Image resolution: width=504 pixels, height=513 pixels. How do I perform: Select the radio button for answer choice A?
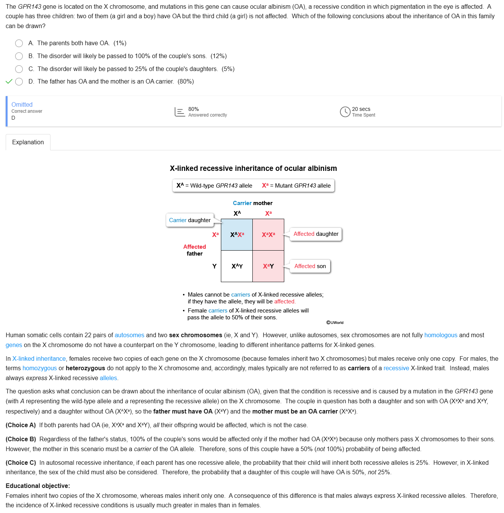click(19, 43)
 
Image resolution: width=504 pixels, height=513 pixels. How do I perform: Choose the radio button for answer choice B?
click(19, 56)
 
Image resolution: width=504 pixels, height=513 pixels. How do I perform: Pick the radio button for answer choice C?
click(19, 69)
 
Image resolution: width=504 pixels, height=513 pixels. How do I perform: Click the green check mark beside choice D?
click(9, 82)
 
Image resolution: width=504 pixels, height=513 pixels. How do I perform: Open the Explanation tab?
click(28, 142)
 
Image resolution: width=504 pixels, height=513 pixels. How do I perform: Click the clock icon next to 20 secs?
click(345, 112)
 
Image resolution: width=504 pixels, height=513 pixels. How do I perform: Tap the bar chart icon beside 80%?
click(180, 112)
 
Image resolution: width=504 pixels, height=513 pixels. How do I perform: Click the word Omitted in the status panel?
click(22, 104)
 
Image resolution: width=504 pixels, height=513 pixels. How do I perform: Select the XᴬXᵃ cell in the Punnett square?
click(237, 235)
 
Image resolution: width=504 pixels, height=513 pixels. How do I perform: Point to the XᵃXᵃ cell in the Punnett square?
click(268, 235)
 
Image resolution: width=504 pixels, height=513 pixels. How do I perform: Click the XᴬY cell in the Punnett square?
click(237, 266)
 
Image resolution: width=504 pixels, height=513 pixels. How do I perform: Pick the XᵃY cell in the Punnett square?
click(268, 266)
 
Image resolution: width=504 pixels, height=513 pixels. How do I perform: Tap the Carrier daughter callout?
click(190, 220)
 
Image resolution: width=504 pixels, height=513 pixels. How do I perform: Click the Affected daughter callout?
click(316, 234)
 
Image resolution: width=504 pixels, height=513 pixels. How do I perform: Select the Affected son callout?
click(310, 266)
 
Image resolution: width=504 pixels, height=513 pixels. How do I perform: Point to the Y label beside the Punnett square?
click(214, 266)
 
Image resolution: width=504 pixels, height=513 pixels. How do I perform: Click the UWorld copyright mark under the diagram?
click(335, 322)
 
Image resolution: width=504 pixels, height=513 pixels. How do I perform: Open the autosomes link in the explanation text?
click(129, 335)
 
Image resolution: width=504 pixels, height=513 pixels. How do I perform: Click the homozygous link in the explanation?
click(39, 368)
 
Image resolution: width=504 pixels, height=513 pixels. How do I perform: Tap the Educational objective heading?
click(38, 486)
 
